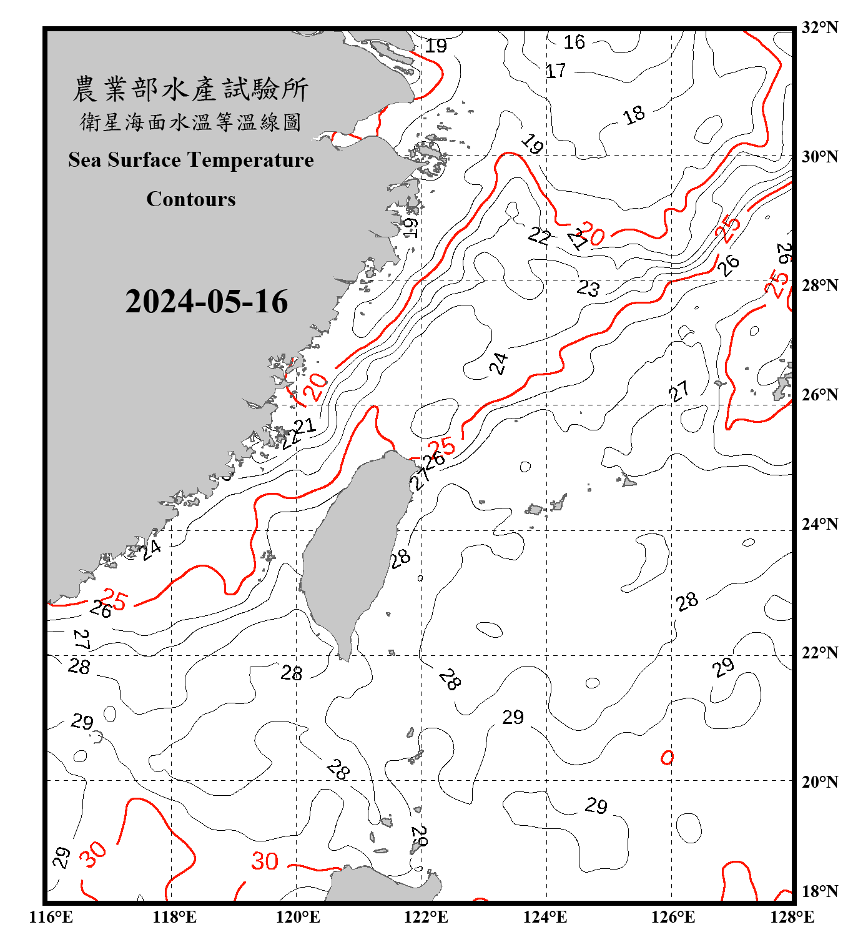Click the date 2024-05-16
207,302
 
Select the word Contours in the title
191,199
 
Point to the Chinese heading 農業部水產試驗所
190,89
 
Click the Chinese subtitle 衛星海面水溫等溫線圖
190,122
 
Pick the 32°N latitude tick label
819,27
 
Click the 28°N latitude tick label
819,285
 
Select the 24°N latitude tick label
819,523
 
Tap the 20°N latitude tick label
819,781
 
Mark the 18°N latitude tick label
819,891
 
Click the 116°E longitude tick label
51,917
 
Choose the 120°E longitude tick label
298,917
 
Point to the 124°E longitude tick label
545,917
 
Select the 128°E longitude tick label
792,917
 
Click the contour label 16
574,42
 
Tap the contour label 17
556,71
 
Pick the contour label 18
634,115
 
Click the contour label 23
588,289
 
